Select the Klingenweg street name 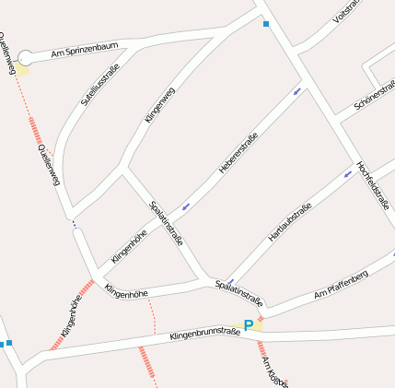tap(159, 105)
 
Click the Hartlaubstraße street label tap(289, 222)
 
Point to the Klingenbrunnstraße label tap(204, 336)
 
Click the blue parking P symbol tap(249, 324)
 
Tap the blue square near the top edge tap(266, 24)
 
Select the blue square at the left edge tap(3, 345)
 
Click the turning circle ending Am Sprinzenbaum tap(26, 58)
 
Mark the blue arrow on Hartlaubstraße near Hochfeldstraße tap(348, 171)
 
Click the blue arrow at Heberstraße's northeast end tap(296, 91)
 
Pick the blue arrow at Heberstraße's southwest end tap(186, 206)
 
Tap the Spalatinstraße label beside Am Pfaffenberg tap(239, 293)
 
